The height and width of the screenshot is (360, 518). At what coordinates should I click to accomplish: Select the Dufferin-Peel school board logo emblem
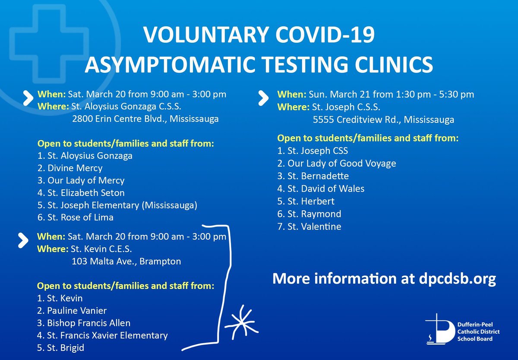438,331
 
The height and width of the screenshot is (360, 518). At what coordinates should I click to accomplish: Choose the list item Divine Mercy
70,168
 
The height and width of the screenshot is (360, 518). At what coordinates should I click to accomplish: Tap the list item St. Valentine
309,226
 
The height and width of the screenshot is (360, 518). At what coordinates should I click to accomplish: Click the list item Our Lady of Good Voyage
336,163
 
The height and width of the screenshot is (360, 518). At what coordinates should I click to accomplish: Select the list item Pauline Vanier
72,310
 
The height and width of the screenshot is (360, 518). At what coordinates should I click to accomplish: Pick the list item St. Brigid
60,348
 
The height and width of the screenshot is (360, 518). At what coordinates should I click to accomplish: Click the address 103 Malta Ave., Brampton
126,261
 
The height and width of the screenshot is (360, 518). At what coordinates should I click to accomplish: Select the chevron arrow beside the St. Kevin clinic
23,240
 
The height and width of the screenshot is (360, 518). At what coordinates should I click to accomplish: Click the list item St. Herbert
306,201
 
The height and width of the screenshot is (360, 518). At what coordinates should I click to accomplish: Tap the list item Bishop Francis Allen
84,323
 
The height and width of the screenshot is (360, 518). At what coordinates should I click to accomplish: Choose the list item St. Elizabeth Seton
81,193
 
